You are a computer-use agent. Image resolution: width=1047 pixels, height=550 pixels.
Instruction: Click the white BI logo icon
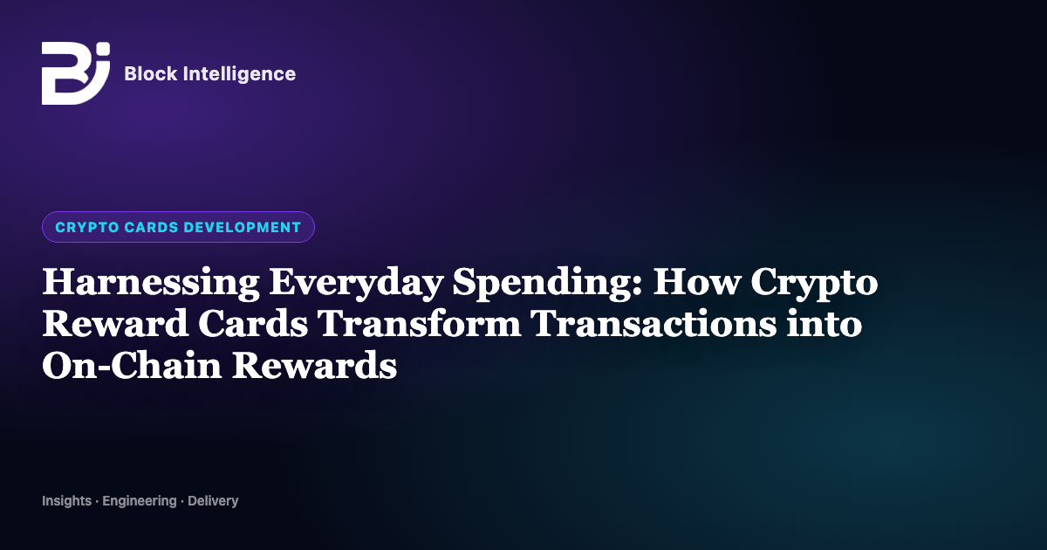pyautogui.click(x=76, y=73)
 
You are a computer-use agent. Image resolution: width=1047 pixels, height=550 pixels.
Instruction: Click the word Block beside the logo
pyautogui.click(x=151, y=74)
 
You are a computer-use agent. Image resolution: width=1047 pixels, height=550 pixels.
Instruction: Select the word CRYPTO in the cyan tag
pyautogui.click(x=87, y=227)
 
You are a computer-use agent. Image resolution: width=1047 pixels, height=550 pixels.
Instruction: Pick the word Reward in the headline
pyautogui.click(x=115, y=324)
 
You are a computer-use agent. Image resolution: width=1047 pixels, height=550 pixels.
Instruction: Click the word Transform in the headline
pyautogui.click(x=419, y=324)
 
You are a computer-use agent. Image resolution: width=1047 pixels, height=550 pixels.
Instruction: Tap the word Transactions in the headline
pyautogui.click(x=654, y=324)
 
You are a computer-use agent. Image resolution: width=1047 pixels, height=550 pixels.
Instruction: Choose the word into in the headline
pyautogui.click(x=825, y=324)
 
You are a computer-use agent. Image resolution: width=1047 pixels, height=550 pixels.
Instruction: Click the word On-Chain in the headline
pyautogui.click(x=132, y=365)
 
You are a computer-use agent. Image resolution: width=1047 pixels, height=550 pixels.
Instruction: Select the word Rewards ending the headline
pyautogui.click(x=315, y=365)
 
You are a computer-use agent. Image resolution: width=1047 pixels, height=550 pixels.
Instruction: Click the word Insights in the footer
pyautogui.click(x=67, y=501)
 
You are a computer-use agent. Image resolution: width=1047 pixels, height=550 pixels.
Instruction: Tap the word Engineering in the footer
pyautogui.click(x=140, y=501)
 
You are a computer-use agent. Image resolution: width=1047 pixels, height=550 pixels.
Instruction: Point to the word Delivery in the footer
pyautogui.click(x=213, y=501)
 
